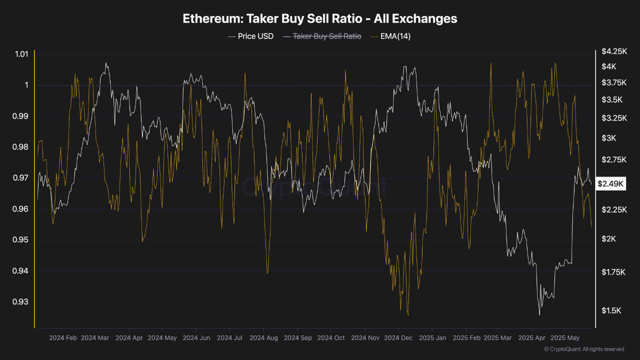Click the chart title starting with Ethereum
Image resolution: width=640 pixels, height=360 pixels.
click(x=320, y=19)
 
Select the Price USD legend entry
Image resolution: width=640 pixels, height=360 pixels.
click(x=250, y=36)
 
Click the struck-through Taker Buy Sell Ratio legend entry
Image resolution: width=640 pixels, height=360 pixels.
click(x=322, y=36)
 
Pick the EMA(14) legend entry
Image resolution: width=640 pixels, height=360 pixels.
click(x=390, y=36)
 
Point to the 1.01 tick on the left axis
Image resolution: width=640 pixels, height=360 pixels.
click(x=21, y=54)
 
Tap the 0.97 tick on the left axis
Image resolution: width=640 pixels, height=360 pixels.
click(x=21, y=178)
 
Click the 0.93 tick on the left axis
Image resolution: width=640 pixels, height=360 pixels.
click(x=21, y=302)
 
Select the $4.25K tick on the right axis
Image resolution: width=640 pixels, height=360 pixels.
click(x=613, y=51)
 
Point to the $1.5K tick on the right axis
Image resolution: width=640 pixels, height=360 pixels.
click(x=611, y=310)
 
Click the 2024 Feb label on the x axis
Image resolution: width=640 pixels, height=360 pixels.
click(x=62, y=338)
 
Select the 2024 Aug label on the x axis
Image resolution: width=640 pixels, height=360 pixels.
click(x=263, y=338)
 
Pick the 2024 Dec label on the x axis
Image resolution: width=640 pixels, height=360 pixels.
click(x=398, y=338)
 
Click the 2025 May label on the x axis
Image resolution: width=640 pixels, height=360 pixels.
click(x=564, y=338)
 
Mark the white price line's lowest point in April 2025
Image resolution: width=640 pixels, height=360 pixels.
click(x=539, y=315)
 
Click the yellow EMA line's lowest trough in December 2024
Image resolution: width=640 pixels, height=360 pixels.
click(x=408, y=314)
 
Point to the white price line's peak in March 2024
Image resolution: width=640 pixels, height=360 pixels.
click(x=106, y=63)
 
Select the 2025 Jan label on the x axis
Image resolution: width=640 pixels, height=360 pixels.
click(x=431, y=338)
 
